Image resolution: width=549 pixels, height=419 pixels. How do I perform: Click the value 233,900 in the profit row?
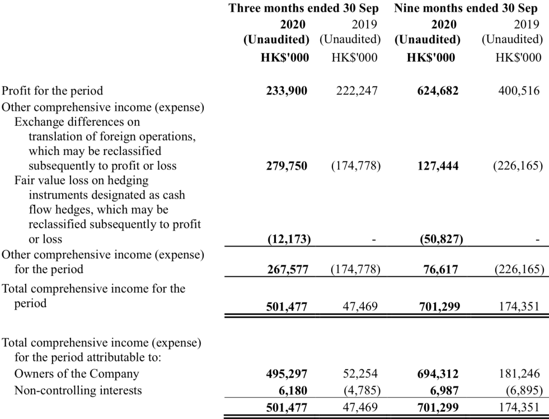(x=287, y=91)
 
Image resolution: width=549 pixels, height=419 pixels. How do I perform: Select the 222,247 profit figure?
(x=357, y=91)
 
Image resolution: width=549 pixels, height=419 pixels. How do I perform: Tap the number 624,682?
(x=438, y=91)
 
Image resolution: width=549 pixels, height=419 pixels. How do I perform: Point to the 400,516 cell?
(x=519, y=91)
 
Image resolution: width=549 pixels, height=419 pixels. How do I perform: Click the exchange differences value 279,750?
(x=287, y=166)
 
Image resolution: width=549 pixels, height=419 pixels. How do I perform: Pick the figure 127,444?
(x=438, y=166)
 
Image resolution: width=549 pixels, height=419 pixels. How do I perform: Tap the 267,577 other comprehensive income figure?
(x=288, y=270)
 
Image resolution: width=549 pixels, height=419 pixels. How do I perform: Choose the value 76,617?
(x=440, y=270)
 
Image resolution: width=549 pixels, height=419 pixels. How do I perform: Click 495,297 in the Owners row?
(x=287, y=374)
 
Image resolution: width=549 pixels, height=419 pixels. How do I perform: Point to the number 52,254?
(x=360, y=374)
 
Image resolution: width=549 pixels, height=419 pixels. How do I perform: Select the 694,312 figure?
(x=438, y=374)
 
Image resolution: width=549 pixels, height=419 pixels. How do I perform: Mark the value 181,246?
(x=519, y=374)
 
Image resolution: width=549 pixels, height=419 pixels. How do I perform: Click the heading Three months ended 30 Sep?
(x=304, y=8)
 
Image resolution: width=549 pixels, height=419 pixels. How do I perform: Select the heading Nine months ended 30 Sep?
(x=466, y=8)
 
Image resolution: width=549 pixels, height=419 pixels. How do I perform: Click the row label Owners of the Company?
(x=77, y=374)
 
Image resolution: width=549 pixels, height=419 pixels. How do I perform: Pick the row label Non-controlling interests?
(x=78, y=390)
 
